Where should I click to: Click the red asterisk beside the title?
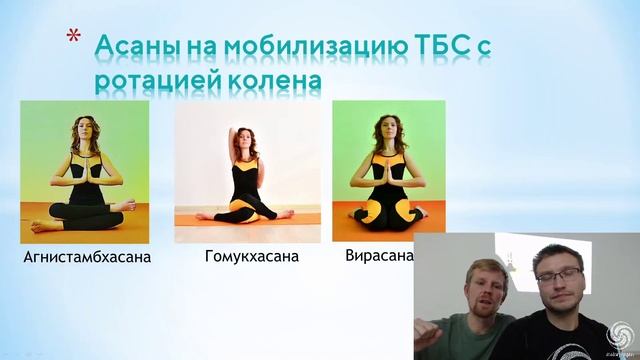pyautogui.click(x=74, y=39)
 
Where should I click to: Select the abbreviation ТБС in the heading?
pyautogui.click(x=441, y=47)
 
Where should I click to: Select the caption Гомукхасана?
pyautogui.click(x=251, y=257)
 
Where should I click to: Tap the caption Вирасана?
pyautogui.click(x=379, y=256)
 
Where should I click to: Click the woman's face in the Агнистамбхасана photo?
pyautogui.click(x=84, y=130)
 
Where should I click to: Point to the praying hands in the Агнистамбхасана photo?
pyautogui.click(x=85, y=162)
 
